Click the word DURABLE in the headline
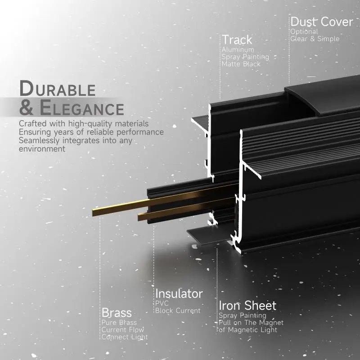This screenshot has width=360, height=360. [x=58, y=88]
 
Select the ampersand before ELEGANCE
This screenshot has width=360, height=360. [x=26, y=108]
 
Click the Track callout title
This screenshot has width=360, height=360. [x=237, y=40]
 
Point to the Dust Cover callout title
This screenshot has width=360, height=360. [x=321, y=22]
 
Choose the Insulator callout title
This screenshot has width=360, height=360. [x=179, y=294]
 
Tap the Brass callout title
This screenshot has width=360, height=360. [x=117, y=312]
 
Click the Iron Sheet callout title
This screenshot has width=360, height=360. [x=247, y=306]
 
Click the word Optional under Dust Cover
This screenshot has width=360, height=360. [x=304, y=31]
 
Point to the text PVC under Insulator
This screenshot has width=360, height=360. [x=162, y=304]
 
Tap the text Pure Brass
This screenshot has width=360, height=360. [x=119, y=323]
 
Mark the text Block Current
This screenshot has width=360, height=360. [x=178, y=310]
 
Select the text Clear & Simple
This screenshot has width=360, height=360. [x=315, y=39]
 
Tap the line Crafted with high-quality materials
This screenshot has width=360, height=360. [x=84, y=123]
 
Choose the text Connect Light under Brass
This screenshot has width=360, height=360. [x=124, y=337]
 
